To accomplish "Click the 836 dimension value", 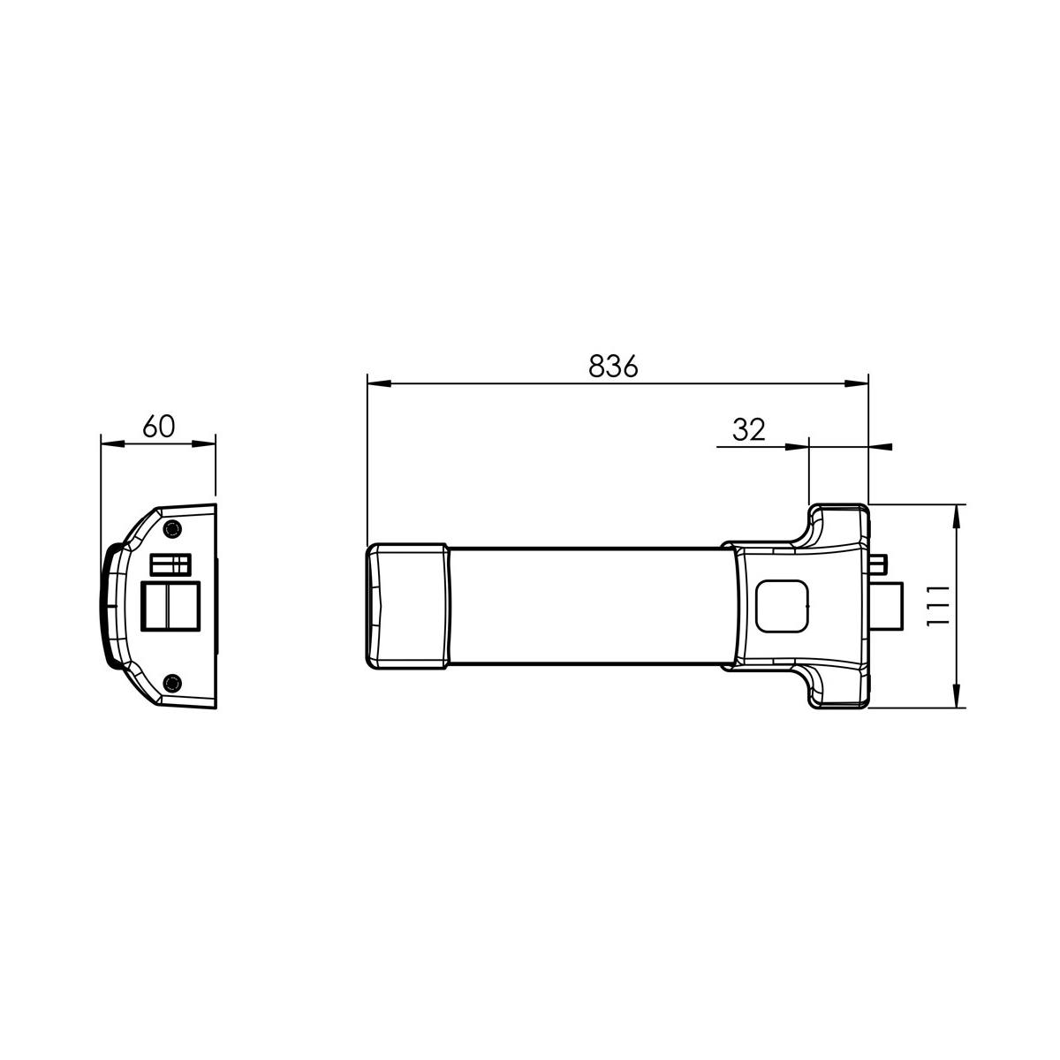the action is (613, 366).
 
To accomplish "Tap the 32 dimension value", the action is (749, 429).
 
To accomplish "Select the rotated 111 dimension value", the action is (938, 606).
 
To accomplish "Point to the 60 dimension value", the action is (159, 427).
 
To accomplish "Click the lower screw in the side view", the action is (173, 683).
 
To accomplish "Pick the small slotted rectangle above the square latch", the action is (170, 564).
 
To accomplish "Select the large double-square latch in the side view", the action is (170, 606).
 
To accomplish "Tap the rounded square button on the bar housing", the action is (783, 606).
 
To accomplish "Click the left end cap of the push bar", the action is (407, 606).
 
